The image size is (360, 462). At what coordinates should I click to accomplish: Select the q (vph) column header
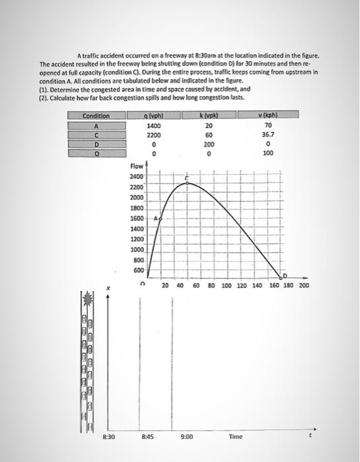[154, 116]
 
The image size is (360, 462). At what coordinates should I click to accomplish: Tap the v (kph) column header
[268, 116]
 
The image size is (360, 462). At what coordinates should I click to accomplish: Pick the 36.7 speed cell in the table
[268, 135]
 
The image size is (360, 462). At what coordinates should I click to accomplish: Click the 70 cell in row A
[268, 125]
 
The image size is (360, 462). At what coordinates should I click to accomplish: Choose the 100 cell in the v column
[268, 153]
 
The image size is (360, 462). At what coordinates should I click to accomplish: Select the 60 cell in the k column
[209, 135]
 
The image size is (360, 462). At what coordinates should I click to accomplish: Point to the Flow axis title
[137, 167]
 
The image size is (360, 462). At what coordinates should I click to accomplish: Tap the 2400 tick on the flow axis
[137, 178]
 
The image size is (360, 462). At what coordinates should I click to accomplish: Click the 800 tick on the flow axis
[137, 260]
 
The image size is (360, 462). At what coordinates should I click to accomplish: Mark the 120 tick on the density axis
[240, 286]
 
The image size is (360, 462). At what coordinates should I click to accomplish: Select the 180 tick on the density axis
[288, 286]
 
